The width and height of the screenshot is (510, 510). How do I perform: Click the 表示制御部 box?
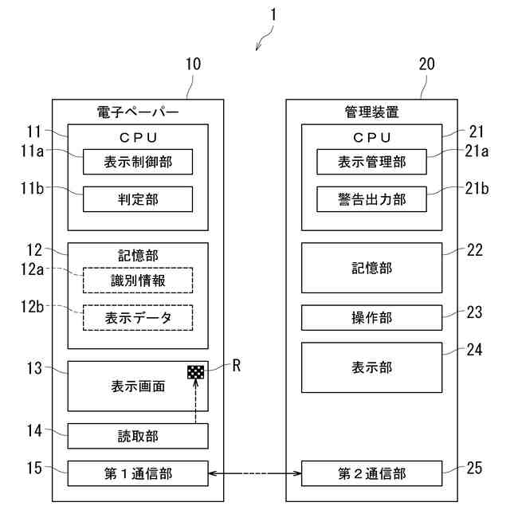point(138,163)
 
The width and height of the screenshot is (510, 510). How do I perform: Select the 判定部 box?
point(138,199)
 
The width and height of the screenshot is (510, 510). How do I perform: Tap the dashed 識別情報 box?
point(138,280)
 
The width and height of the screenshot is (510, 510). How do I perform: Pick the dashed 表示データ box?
point(138,317)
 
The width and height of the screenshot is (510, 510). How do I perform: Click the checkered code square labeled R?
point(196,371)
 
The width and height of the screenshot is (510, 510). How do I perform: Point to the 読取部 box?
point(138,436)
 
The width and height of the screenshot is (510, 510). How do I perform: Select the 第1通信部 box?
point(138,473)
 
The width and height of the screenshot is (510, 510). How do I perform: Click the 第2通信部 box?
point(371,473)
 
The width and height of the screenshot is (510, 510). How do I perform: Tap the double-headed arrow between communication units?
point(254,474)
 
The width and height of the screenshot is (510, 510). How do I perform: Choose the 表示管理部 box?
point(371,163)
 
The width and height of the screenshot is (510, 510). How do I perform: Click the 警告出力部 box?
point(371,199)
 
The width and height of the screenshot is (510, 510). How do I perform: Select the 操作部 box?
point(371,317)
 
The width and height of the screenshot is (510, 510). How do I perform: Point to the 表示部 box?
point(371,367)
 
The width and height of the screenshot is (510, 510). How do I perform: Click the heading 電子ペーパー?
point(137,112)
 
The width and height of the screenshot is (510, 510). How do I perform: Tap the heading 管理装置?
point(371,112)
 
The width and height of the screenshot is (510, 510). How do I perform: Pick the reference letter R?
point(236,367)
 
